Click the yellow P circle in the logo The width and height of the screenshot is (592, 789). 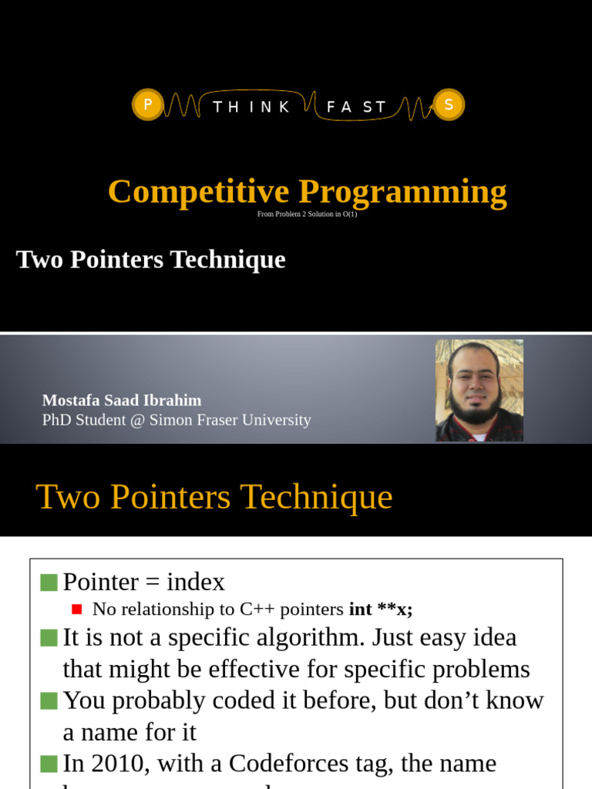click(x=148, y=105)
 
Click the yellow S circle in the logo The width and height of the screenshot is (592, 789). click(x=449, y=105)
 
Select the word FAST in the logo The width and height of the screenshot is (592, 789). click(x=356, y=107)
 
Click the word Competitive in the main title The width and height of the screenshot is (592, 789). click(x=198, y=191)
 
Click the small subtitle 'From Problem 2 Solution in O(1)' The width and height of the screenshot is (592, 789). click(x=307, y=214)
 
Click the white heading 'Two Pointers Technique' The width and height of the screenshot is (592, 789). click(x=151, y=260)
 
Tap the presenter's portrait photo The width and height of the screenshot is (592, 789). click(x=479, y=391)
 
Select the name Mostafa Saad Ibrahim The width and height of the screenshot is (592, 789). click(x=122, y=401)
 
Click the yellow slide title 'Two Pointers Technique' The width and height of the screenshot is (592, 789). click(x=214, y=497)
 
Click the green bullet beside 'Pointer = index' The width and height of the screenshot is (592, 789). click(x=49, y=583)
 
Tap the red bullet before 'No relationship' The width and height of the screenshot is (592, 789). click(x=76, y=609)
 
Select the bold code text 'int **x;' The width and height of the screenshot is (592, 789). click(x=381, y=609)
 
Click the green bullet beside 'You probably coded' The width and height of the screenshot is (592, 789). click(x=49, y=700)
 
